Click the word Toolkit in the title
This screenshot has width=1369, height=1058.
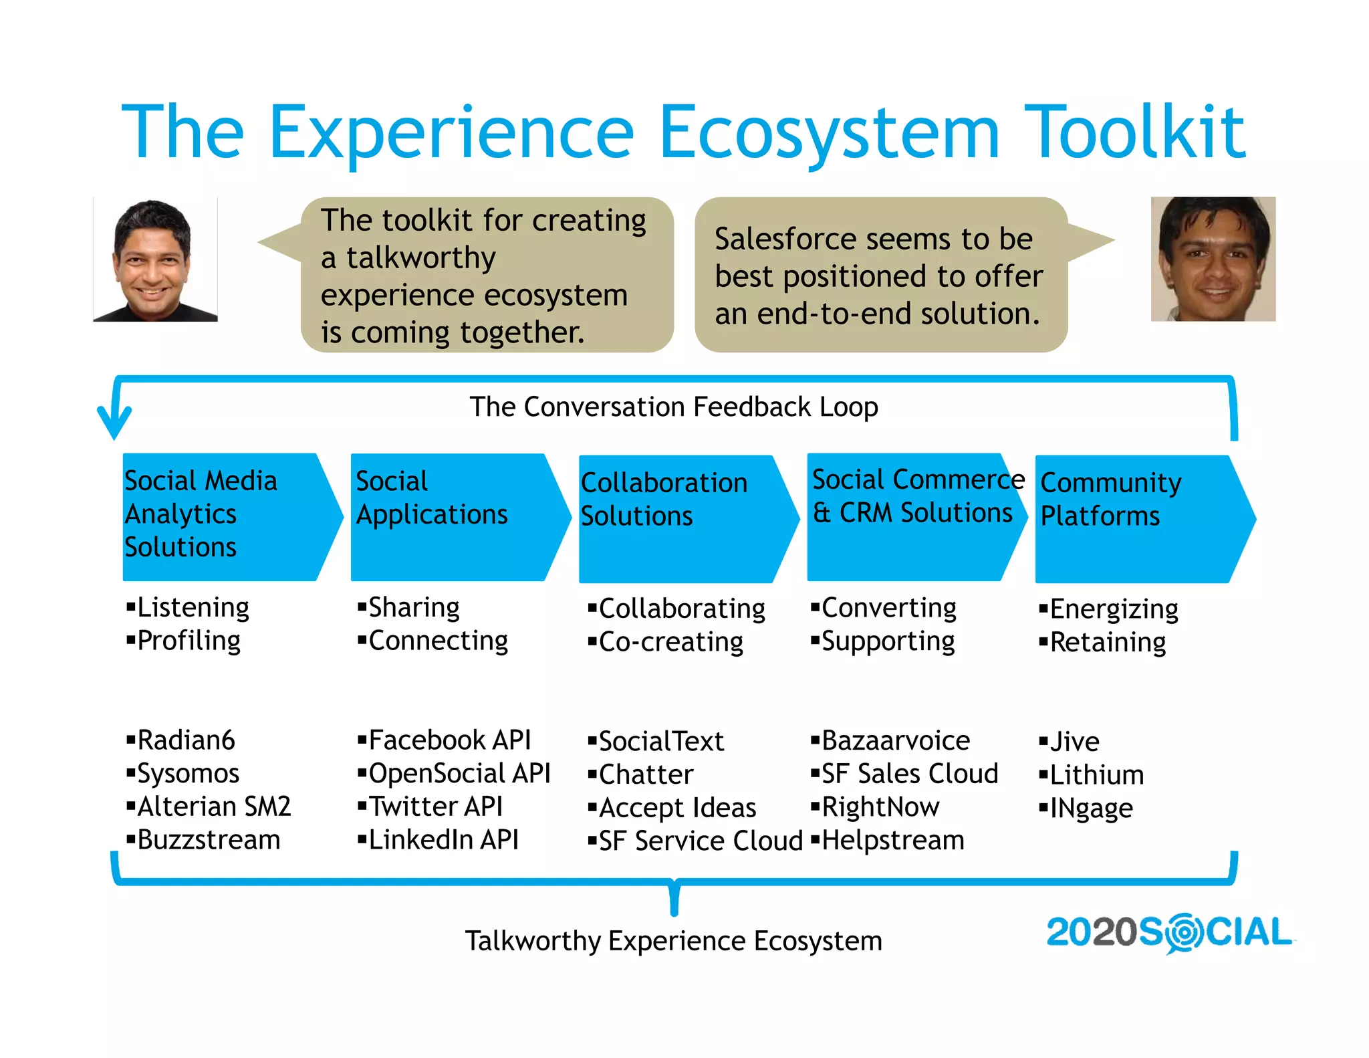tap(1134, 132)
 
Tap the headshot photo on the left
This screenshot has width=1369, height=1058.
tap(155, 259)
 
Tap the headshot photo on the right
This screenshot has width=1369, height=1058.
tap(1213, 259)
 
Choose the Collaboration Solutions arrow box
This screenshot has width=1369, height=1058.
tap(682, 518)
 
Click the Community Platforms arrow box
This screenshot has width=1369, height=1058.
tap(1136, 518)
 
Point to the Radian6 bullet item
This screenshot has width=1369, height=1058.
tap(186, 740)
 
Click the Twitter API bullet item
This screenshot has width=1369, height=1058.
tap(435, 807)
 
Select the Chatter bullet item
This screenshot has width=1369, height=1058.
tap(646, 774)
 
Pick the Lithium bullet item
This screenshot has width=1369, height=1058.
tap(1096, 775)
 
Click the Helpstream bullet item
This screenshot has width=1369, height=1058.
tap(892, 841)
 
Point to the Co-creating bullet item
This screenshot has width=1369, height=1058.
tap(670, 642)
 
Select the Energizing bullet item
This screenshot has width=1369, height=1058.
tap(1114, 609)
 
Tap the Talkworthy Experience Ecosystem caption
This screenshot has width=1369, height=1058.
tap(673, 941)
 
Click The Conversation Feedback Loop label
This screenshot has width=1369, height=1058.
tap(673, 407)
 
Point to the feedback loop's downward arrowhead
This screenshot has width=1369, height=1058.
tap(114, 425)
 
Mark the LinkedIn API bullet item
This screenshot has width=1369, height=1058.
tap(443, 840)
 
